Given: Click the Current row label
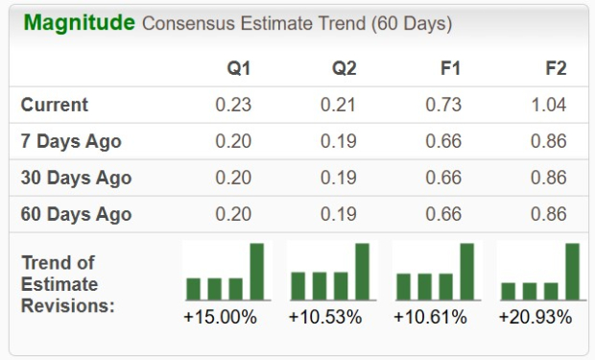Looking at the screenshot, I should pyautogui.click(x=55, y=105).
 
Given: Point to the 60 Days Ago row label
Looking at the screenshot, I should pyautogui.click(x=76, y=214).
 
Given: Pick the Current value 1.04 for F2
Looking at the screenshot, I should pyautogui.click(x=550, y=105).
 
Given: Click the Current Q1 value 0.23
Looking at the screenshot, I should pyautogui.click(x=233, y=105).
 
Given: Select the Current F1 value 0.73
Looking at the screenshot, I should pyautogui.click(x=443, y=105).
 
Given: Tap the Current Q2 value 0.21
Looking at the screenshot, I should pyautogui.click(x=338, y=105).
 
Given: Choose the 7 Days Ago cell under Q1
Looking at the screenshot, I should pyautogui.click(x=233, y=141).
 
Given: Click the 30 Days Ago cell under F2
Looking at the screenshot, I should pyautogui.click(x=550, y=178).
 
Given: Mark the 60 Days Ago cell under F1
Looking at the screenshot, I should pyautogui.click(x=443, y=214).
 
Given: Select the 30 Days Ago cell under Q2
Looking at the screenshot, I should pyautogui.click(x=338, y=178).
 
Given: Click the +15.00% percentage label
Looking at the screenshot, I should pyautogui.click(x=220, y=316).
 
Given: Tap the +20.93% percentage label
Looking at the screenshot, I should pyautogui.click(x=535, y=316).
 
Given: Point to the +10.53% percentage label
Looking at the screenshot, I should pyautogui.click(x=325, y=316).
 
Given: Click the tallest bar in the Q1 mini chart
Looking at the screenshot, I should pyautogui.click(x=256, y=272).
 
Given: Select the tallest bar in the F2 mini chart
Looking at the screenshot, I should pyautogui.click(x=572, y=272).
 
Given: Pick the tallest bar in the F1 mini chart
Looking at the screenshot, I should pyautogui.click(x=466, y=272).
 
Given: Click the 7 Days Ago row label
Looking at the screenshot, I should pyautogui.click(x=71, y=141).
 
